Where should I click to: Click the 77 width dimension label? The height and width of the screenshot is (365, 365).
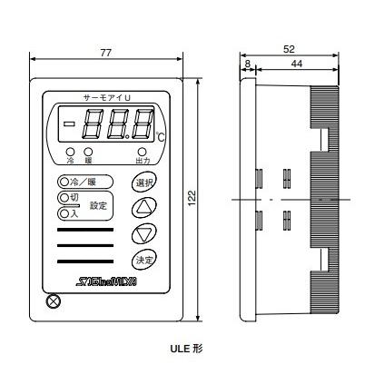(x=105, y=54)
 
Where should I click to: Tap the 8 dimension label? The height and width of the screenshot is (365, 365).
(x=246, y=64)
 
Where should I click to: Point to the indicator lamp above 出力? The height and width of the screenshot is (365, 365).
(x=143, y=152)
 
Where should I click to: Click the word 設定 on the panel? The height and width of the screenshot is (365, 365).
(x=98, y=205)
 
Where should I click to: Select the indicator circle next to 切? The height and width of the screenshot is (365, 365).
(x=63, y=197)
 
